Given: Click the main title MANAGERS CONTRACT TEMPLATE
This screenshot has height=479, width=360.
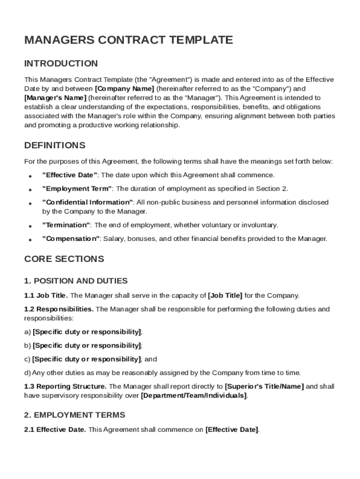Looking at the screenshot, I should tap(128, 40).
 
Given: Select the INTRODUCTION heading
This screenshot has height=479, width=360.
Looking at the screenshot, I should tap(61, 64).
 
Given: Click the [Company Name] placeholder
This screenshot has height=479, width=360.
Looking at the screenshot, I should tap(124, 88).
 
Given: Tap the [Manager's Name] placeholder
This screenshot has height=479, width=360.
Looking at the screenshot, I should tap(55, 98).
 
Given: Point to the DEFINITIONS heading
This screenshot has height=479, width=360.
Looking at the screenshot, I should tap(55, 145).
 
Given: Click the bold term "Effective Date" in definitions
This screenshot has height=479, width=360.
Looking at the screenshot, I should tap(70, 175).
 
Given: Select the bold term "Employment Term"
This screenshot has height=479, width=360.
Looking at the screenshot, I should tap(77, 189).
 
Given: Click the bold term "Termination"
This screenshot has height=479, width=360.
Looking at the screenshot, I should tap(66, 225).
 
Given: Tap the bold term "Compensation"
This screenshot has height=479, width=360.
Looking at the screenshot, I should tap(71, 239).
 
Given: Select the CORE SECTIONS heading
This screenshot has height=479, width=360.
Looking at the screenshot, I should tap(64, 259).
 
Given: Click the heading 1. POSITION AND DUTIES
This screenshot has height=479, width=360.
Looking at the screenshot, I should tap(76, 281).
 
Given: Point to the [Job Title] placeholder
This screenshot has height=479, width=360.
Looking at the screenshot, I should tap(225, 295).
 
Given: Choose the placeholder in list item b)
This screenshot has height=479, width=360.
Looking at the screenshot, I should tap(87, 346).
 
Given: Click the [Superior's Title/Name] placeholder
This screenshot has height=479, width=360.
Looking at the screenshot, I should tap(264, 386).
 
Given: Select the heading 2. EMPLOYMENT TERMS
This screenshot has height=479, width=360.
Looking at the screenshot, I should tap(74, 415).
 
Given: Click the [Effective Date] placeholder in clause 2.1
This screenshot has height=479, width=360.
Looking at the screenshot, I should tap(231, 429).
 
